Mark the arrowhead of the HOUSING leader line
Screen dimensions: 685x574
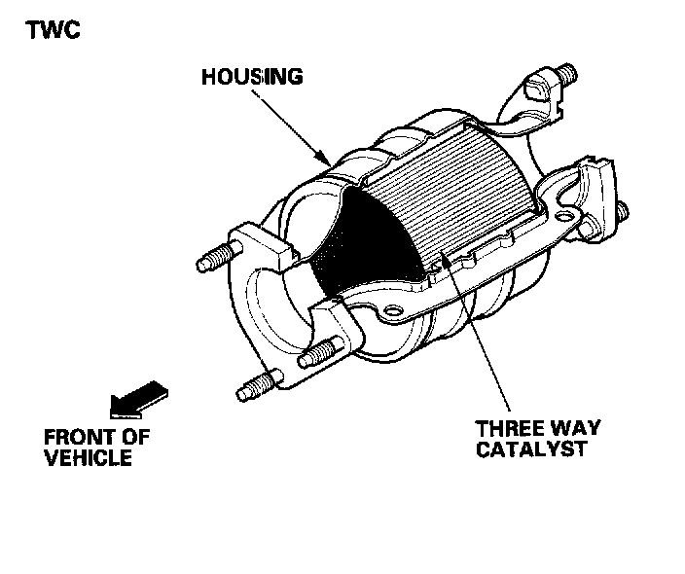(327, 160)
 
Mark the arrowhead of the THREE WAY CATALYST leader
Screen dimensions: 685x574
(444, 255)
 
